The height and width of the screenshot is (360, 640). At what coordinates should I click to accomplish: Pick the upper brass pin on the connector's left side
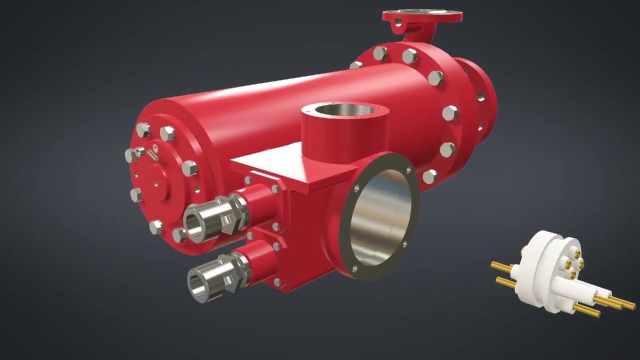tap(505, 266)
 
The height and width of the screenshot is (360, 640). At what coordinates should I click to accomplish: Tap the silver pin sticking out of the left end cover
tap(153, 155)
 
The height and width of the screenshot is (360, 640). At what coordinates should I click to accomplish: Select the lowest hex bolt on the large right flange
tap(429, 176)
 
